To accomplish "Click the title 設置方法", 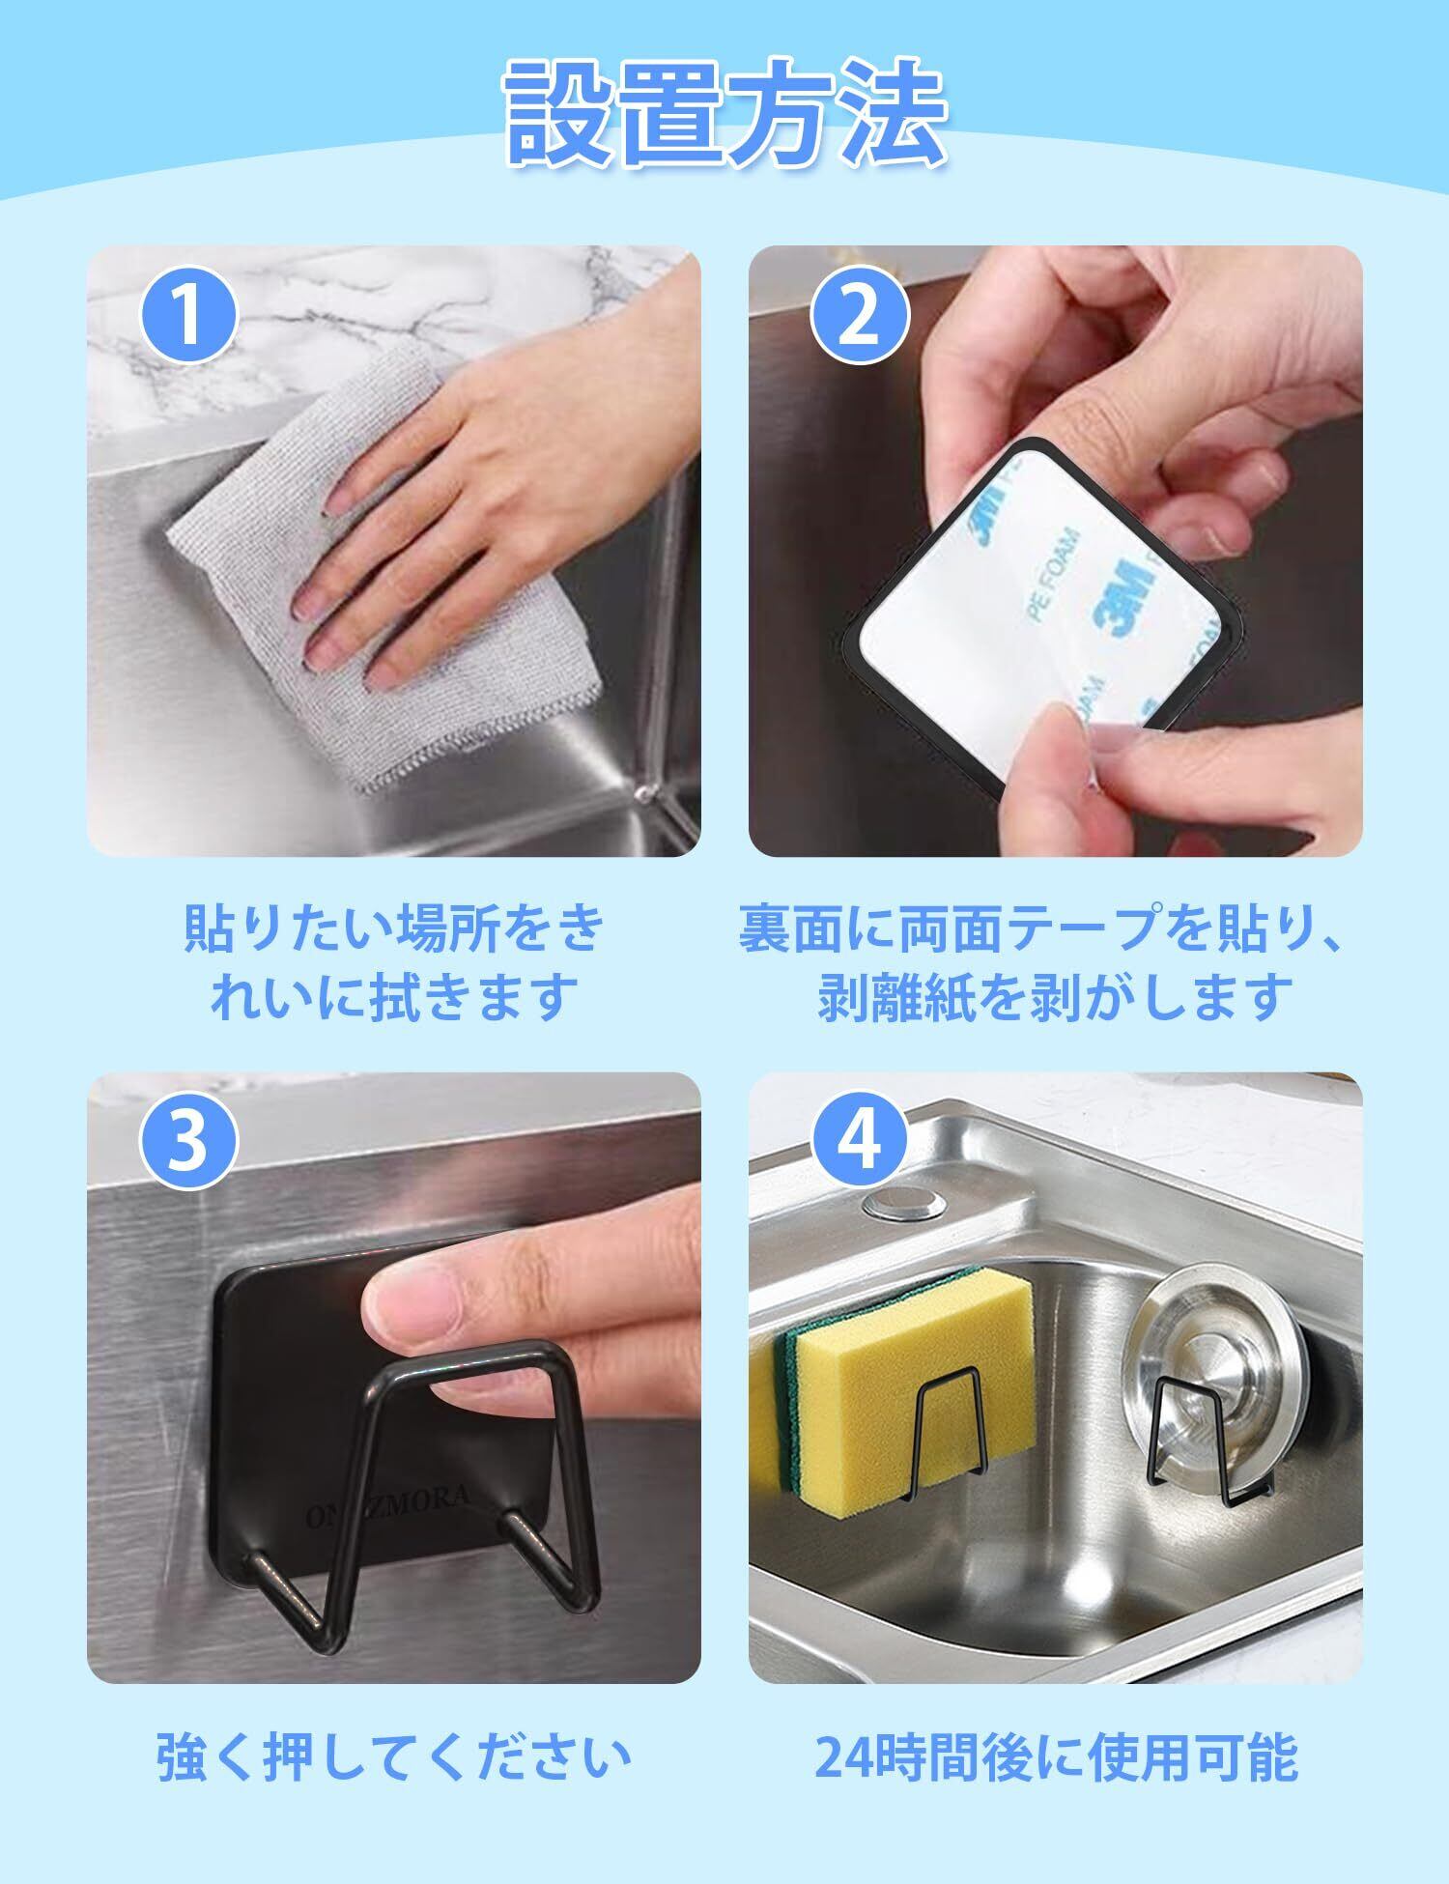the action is tap(725, 113).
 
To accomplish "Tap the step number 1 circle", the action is tap(189, 315).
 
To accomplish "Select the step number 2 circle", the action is tap(859, 315).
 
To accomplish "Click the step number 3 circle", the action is tap(189, 1140).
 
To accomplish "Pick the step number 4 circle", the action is tap(859, 1140).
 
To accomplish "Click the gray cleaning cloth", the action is tap(386, 560).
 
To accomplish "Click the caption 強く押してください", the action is tap(393, 1756).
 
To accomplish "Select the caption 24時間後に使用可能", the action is tap(1055, 1756).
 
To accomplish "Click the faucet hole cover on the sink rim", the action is tap(905, 1204).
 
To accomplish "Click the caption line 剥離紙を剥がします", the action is tap(1055, 997).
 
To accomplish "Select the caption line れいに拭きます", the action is tap(393, 997).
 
